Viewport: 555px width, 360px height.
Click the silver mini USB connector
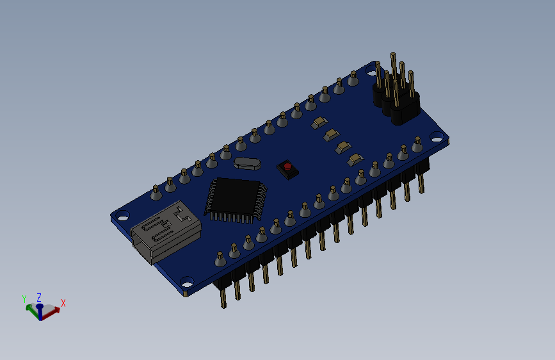tap(165, 232)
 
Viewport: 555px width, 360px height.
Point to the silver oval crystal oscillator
tap(247, 163)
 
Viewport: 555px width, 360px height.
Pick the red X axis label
tap(63, 303)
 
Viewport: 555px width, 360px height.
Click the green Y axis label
tap(24, 299)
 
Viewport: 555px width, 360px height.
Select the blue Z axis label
tap(39, 297)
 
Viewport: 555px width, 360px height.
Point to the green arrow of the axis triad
tap(31, 308)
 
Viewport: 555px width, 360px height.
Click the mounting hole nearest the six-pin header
tap(437, 136)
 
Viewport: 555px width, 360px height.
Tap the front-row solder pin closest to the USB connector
tap(220, 258)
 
